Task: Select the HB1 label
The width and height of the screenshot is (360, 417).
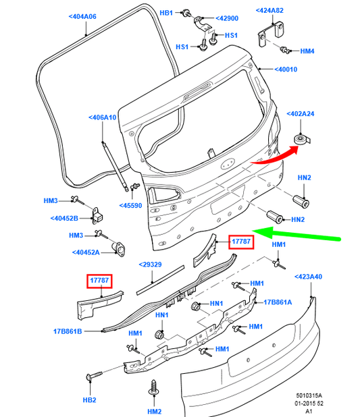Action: pos(166,13)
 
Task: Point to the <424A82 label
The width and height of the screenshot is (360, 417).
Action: pos(269,10)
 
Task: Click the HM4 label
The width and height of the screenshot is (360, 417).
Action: pos(307,50)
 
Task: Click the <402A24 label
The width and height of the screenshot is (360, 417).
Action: pos(303,114)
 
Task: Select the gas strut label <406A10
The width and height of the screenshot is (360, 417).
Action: pos(102,117)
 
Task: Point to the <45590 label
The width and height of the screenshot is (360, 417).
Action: pos(131,206)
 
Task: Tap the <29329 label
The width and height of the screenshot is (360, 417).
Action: pos(151,265)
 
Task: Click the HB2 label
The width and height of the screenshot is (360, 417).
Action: pos(88,399)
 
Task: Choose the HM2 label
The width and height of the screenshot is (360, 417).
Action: pos(155,410)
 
